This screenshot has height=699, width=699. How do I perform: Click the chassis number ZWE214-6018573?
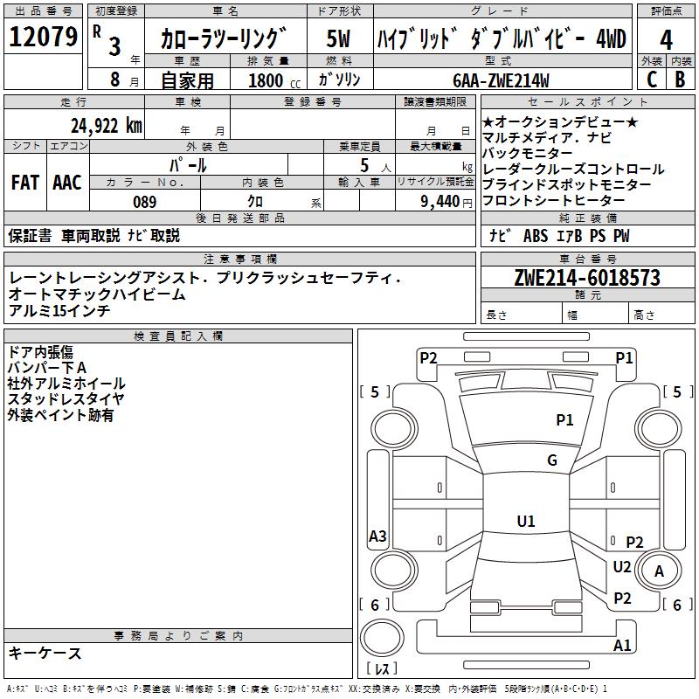click(x=586, y=278)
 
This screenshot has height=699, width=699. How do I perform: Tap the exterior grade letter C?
click(x=651, y=80)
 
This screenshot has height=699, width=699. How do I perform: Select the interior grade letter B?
click(x=680, y=80)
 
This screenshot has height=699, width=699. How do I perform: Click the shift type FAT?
click(x=24, y=182)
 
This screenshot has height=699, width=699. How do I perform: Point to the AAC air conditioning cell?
click(x=67, y=182)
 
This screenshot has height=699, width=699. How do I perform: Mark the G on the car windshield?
click(x=551, y=460)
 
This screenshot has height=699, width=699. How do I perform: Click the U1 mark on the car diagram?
click(x=525, y=522)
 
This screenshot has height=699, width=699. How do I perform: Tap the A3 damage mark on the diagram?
click(x=377, y=536)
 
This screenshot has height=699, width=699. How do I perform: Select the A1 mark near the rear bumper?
click(x=622, y=646)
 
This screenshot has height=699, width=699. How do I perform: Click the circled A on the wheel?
click(x=660, y=571)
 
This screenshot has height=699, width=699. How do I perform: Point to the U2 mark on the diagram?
click(x=622, y=566)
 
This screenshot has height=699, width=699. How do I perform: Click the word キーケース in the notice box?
click(x=45, y=653)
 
